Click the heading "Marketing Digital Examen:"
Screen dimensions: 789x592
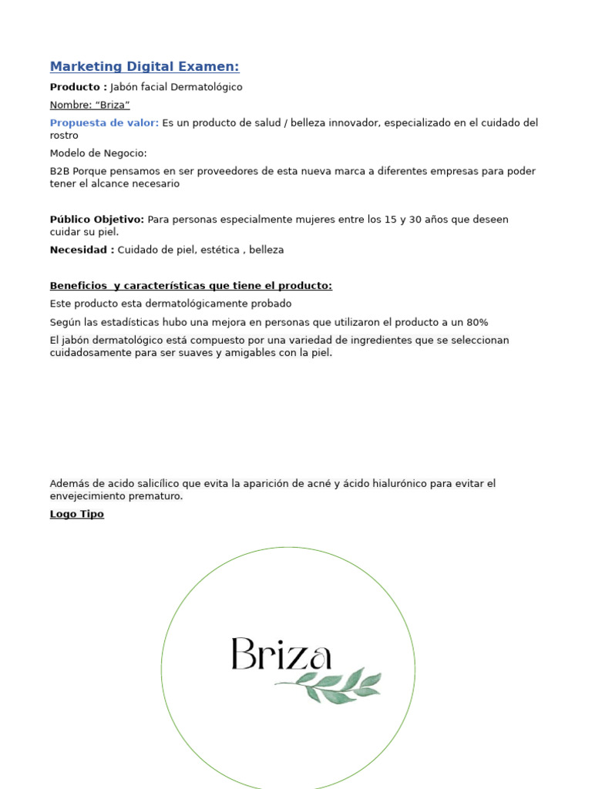(144, 67)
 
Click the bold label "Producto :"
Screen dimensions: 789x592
(78, 87)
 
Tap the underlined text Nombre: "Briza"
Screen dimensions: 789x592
(89, 105)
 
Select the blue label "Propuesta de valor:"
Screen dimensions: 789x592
(104, 123)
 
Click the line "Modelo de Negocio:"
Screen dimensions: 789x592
(98, 153)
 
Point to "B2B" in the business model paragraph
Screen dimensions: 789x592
(59, 171)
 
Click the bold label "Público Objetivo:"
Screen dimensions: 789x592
(96, 220)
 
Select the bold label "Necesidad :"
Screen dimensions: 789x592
(82, 250)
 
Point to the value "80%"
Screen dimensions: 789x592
(477, 322)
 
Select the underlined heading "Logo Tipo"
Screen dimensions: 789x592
(76, 514)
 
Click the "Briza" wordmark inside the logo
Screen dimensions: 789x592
(281, 656)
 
